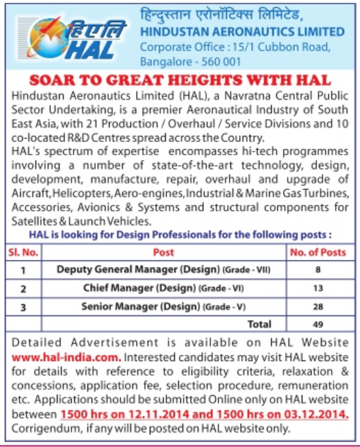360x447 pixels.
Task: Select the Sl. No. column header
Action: click(24, 252)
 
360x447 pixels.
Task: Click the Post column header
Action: click(163, 252)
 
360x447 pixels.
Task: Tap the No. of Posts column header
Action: click(318, 252)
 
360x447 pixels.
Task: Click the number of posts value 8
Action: click(318, 270)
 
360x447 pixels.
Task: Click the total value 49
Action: click(318, 323)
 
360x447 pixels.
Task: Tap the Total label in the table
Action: click(259, 323)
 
